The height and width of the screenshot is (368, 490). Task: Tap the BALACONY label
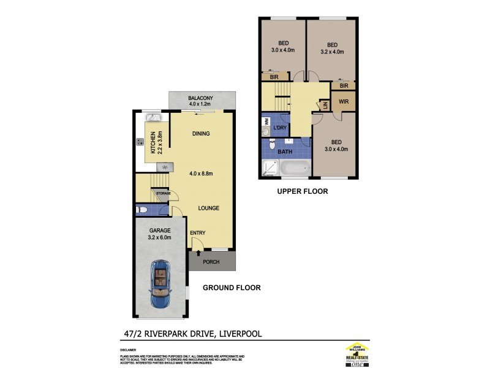pyautogui.click(x=200, y=98)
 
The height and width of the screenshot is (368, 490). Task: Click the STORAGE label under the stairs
pyautogui.click(x=163, y=193)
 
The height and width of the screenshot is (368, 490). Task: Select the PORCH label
pyautogui.click(x=211, y=262)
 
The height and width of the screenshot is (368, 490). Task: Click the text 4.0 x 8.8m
pyautogui.click(x=202, y=172)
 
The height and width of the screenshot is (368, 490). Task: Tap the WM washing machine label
pyautogui.click(x=266, y=121)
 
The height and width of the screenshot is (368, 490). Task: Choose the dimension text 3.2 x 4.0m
pyautogui.click(x=333, y=52)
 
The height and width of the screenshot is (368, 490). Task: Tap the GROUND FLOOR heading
pyautogui.click(x=232, y=287)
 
